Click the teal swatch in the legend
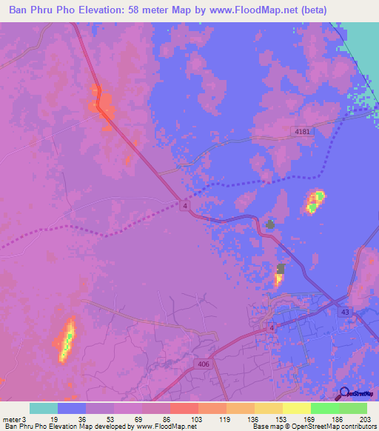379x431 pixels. pos(44,408)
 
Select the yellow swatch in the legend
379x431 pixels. pos(297,408)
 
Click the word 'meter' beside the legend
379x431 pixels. pos(11,418)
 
